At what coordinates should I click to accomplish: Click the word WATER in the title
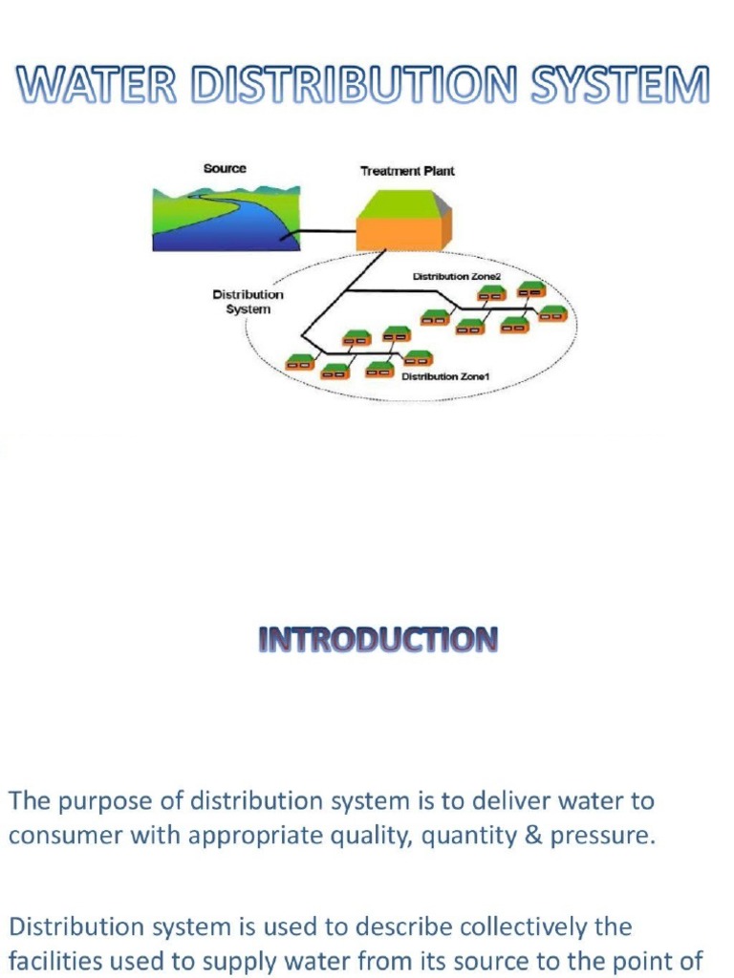coord(97,88)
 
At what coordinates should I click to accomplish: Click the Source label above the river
coord(225,169)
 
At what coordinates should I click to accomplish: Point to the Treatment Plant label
coord(407,172)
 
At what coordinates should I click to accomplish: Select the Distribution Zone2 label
coord(450,277)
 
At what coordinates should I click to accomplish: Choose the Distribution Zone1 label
coord(445,377)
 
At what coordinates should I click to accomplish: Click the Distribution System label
coord(248,302)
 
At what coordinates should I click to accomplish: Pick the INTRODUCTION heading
coord(378,640)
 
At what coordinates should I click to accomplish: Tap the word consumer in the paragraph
coord(55,836)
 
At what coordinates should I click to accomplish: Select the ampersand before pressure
coord(534,836)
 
